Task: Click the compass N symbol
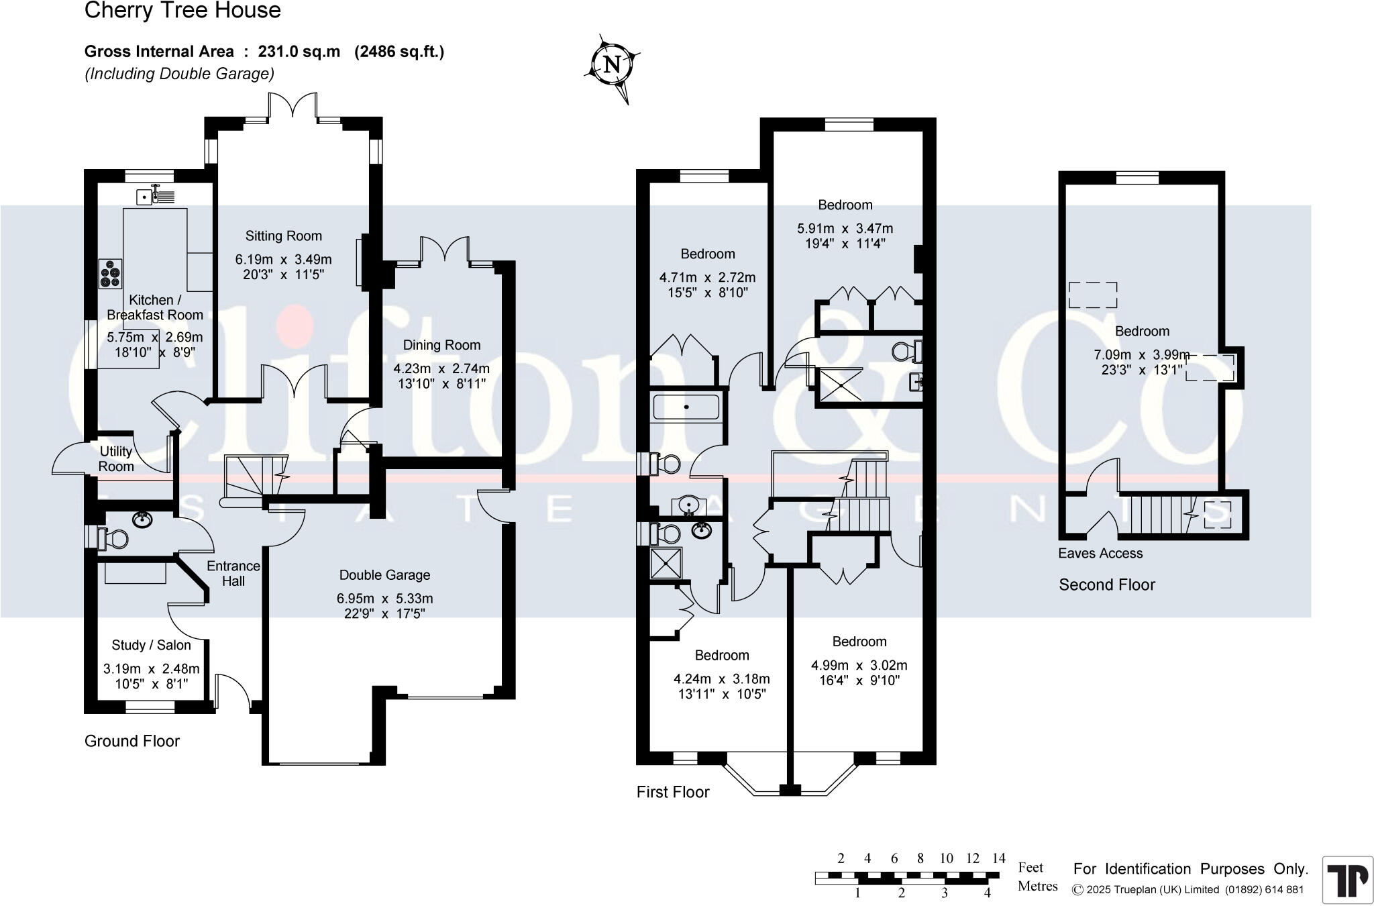[611, 65]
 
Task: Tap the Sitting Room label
[283, 236]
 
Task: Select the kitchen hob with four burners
[111, 273]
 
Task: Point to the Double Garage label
[384, 575]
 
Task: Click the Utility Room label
[116, 459]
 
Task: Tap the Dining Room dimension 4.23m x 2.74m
[441, 368]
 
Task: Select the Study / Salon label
[151, 645]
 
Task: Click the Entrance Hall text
[233, 574]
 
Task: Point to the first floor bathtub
[686, 407]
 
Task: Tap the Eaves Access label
[1100, 554]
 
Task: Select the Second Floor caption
[1107, 585]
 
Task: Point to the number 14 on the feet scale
[998, 858]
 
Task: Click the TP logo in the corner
[1346, 880]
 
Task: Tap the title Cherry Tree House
[182, 11]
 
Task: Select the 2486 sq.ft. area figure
[399, 52]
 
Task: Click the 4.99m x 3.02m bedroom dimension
[859, 665]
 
